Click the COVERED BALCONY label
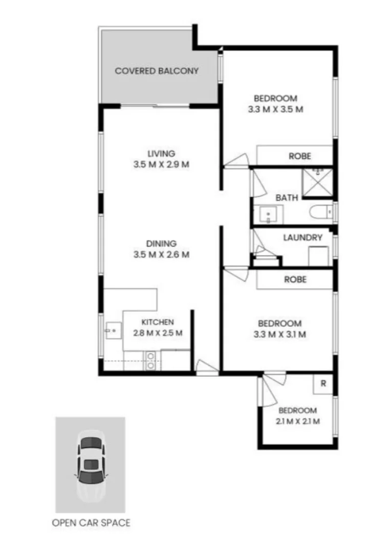pyautogui.click(x=156, y=71)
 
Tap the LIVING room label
pyautogui.click(x=161, y=153)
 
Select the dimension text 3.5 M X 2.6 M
pyautogui.click(x=161, y=254)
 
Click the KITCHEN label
pyautogui.click(x=158, y=322)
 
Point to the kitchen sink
pyautogui.click(x=113, y=331)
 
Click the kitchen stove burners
pyautogui.click(x=151, y=360)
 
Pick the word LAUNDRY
pyautogui.click(x=302, y=238)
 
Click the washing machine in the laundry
pyautogui.click(x=319, y=255)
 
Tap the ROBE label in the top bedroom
pyautogui.click(x=299, y=156)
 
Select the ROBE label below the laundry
pyautogui.click(x=295, y=280)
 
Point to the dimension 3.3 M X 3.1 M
pyautogui.click(x=279, y=335)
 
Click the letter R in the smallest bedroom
pyautogui.click(x=323, y=384)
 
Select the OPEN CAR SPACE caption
pyautogui.click(x=91, y=523)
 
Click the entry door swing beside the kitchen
pyautogui.click(x=206, y=367)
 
